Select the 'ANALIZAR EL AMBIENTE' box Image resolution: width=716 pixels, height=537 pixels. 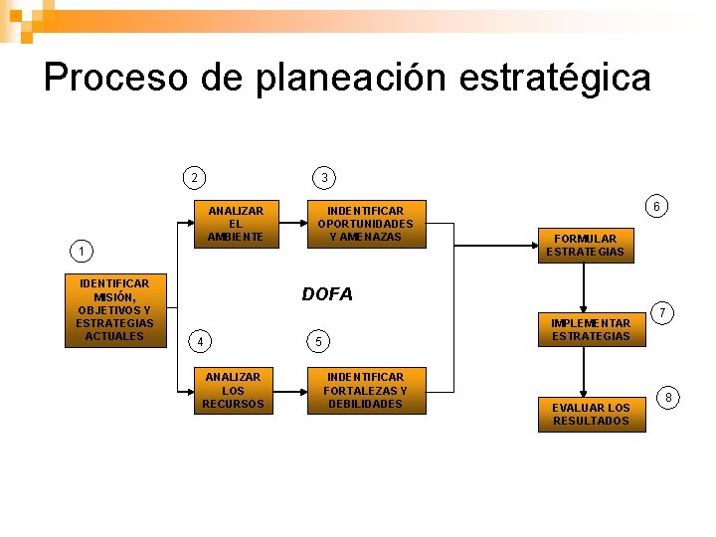tap(236, 224)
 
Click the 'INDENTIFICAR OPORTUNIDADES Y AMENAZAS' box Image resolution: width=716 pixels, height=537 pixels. tap(365, 224)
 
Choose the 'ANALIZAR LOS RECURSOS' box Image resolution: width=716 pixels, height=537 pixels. tap(233, 390)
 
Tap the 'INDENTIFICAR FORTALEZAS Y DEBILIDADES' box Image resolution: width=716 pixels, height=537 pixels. tap(365, 390)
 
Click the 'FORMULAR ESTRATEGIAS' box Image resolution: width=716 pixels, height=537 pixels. tap(585, 245)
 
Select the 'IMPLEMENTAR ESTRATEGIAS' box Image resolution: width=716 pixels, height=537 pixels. tap(591, 330)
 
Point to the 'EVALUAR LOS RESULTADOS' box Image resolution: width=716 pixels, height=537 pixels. tap(591, 414)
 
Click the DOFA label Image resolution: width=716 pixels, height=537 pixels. tap(327, 294)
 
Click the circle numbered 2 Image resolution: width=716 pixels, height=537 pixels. tap(195, 178)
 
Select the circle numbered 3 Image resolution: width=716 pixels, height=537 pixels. tap(323, 178)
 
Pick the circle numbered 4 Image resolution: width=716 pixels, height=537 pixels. tap(200, 342)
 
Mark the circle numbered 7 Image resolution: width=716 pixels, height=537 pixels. tap(663, 314)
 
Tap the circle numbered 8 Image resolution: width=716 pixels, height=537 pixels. tap(668, 398)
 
